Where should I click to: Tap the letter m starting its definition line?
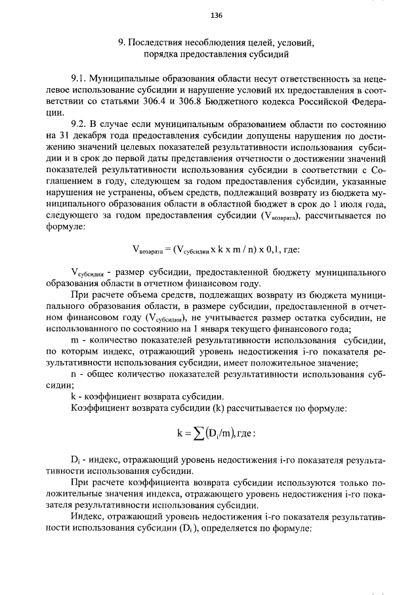[x=74, y=341]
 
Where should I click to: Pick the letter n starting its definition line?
[x=73, y=374]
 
